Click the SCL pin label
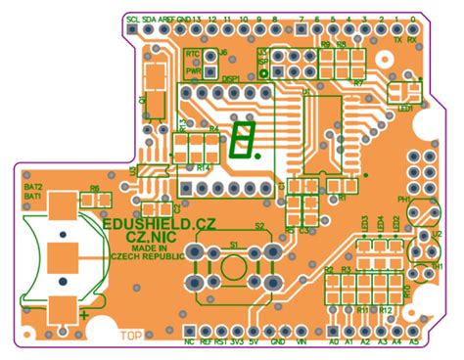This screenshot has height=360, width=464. coord(133,20)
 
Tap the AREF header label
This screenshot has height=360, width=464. coord(166,20)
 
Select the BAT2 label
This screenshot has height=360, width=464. coord(32,186)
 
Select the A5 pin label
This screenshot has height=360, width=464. coord(413,343)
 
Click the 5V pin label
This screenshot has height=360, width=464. coord(254,343)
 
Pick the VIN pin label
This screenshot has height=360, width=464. coord(302,343)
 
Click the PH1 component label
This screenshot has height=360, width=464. coord(402,200)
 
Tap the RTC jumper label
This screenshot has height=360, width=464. coord(192,56)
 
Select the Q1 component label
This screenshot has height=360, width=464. coord(144,100)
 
